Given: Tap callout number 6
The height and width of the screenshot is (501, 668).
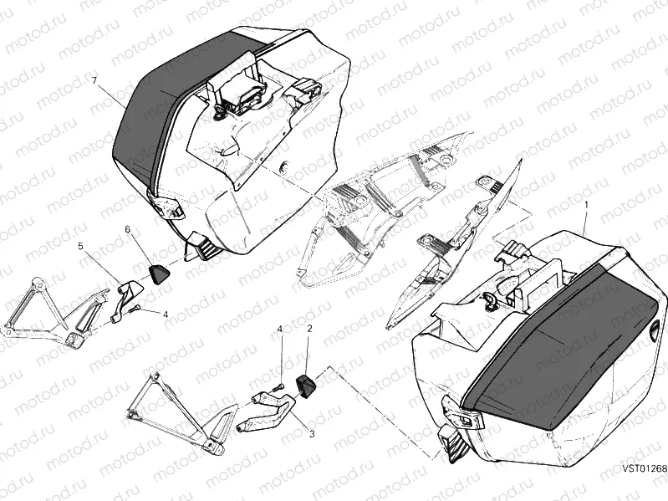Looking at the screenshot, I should coord(128,228).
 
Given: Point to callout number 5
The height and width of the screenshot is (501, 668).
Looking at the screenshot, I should coord(81,247).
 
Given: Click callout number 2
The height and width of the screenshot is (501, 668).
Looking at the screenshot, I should coord(309,330).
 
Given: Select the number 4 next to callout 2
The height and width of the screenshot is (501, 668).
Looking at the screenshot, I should coord(281,330).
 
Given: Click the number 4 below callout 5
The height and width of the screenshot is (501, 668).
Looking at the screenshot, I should coord(166,314).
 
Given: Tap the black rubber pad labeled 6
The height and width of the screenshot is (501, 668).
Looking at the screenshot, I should coord(158,270).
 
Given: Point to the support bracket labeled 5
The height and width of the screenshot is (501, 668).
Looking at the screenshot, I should coord(127,296).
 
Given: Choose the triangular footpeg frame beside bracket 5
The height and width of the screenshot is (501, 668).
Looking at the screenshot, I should coord(50,314).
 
